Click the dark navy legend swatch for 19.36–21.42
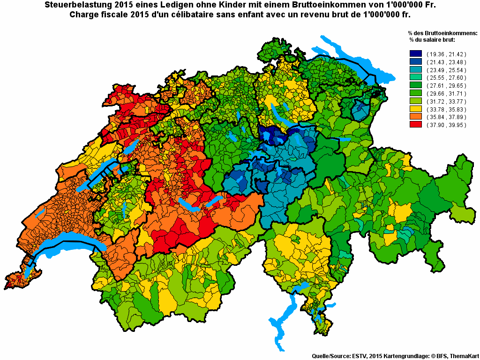(x=416, y=54)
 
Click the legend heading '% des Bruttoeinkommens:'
(x=442, y=33)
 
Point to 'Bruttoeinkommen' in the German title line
(x=320, y=5)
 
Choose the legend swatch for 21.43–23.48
(x=416, y=61)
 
